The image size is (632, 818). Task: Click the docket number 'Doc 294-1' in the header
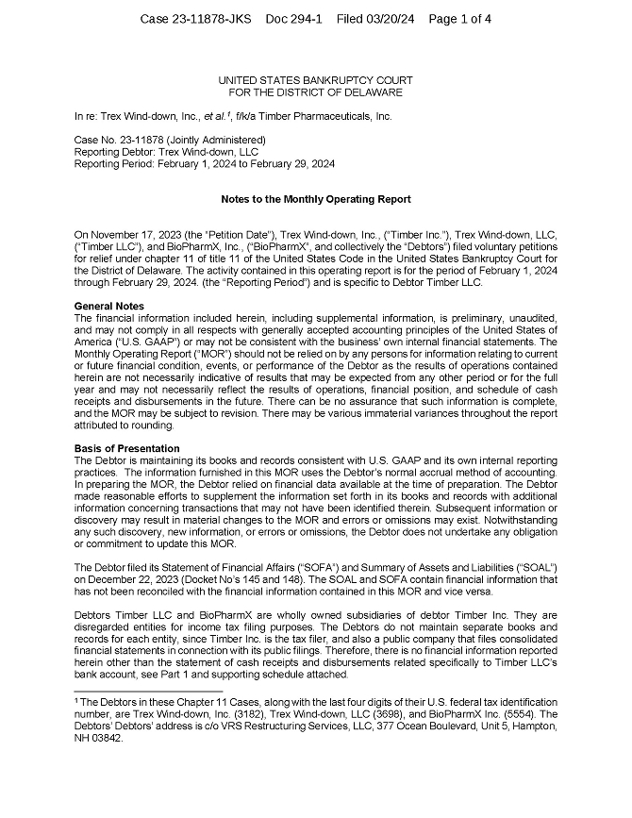(x=293, y=19)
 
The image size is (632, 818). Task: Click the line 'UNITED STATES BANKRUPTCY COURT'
(x=315, y=81)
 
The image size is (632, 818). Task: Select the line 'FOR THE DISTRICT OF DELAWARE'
(x=315, y=92)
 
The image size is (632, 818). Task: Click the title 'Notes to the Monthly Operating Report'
(x=315, y=199)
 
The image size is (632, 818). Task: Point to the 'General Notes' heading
(x=108, y=307)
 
